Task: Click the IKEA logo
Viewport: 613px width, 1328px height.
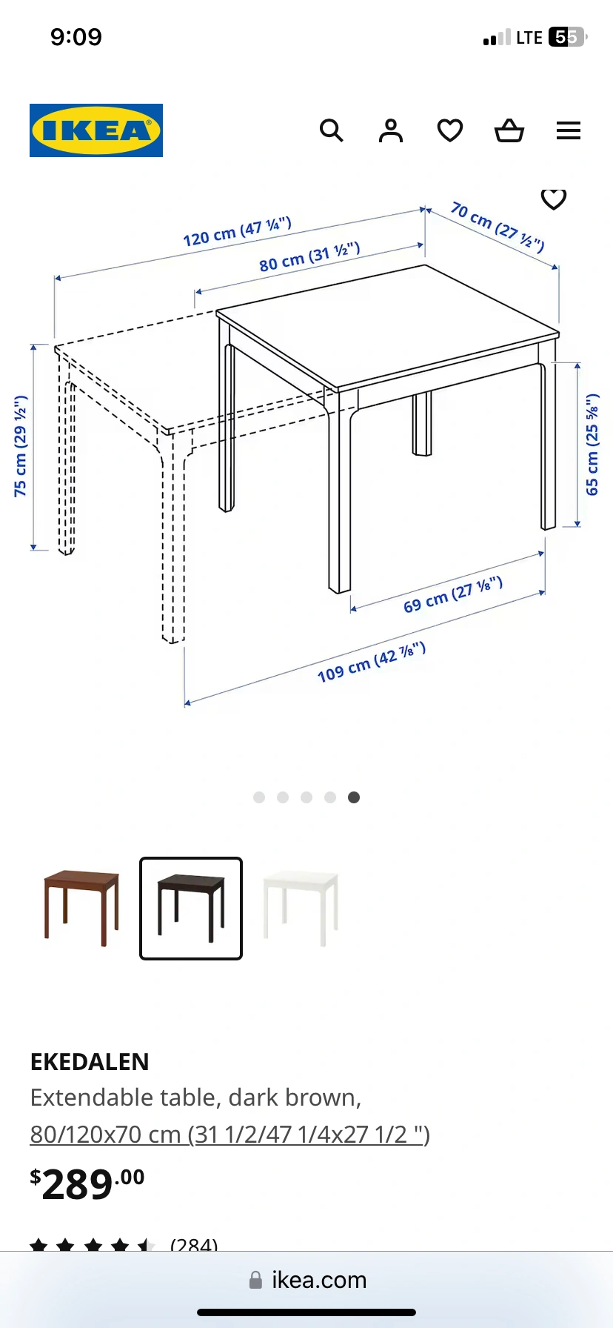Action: pyautogui.click(x=96, y=130)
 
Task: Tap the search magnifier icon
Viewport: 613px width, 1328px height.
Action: pyautogui.click(x=331, y=130)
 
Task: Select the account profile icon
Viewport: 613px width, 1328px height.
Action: pyautogui.click(x=391, y=130)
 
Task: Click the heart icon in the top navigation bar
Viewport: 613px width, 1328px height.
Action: pyautogui.click(x=450, y=130)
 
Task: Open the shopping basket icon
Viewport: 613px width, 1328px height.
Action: pyautogui.click(x=509, y=130)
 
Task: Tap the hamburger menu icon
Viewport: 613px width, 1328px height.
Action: pyautogui.click(x=569, y=131)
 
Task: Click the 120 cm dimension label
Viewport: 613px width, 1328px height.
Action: pyautogui.click(x=238, y=232)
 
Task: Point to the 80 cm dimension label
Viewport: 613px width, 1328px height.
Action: pyautogui.click(x=309, y=256)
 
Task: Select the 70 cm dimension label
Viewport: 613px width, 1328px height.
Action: pyautogui.click(x=498, y=227)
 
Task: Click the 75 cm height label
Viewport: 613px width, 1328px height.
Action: pyautogui.click(x=21, y=446)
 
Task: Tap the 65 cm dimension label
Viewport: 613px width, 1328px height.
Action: pyautogui.click(x=592, y=445)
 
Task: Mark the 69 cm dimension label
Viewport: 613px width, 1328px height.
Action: pyautogui.click(x=453, y=595)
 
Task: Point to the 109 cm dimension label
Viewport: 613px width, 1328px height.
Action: pyautogui.click(x=372, y=663)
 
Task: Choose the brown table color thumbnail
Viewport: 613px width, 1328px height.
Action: pyautogui.click(x=81, y=908)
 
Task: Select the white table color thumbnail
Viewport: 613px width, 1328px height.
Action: pyautogui.click(x=301, y=908)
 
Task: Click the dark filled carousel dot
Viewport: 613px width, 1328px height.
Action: pyautogui.click(x=354, y=797)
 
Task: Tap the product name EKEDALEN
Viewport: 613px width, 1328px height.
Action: pyautogui.click(x=90, y=1062)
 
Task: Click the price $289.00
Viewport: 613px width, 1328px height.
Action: pyautogui.click(x=87, y=1183)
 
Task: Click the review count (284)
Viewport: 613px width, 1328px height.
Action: pyautogui.click(x=194, y=1245)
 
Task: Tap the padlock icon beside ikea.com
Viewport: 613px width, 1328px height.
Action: pyautogui.click(x=255, y=1280)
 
